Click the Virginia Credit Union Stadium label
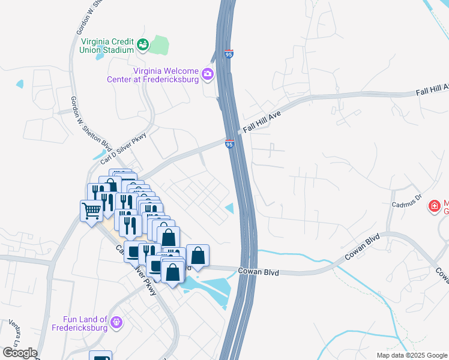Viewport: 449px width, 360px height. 107,46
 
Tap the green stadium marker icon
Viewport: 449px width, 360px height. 142,44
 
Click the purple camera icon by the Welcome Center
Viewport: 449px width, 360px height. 208,74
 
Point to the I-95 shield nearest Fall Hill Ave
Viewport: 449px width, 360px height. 229,144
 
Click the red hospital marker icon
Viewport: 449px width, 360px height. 433,206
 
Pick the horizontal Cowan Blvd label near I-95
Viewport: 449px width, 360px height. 259,272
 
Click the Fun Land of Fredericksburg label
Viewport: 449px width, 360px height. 86,323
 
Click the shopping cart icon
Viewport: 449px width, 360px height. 91,211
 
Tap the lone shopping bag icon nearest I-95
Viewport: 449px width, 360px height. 197,255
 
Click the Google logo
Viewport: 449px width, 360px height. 19,353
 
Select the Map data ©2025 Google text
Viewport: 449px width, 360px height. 411,355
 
